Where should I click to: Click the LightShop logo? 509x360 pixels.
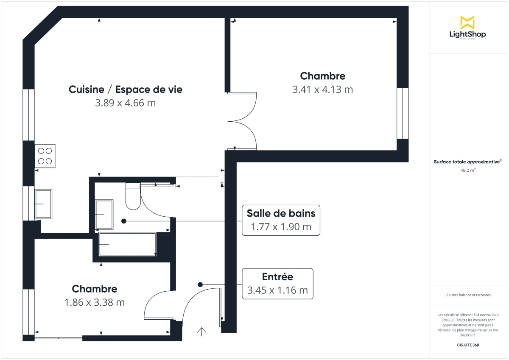(467, 28)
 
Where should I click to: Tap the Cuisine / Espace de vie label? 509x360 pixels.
(126, 89)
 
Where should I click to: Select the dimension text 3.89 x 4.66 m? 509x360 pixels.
(126, 103)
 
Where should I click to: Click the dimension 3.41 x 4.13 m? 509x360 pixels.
(322, 89)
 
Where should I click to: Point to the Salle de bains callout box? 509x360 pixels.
(281, 220)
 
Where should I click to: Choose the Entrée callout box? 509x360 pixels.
(277, 284)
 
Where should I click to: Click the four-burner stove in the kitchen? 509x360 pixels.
(45, 155)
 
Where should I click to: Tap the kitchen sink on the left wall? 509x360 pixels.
(43, 204)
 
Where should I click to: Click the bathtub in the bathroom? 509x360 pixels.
(127, 244)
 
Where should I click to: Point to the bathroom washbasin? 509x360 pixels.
(104, 215)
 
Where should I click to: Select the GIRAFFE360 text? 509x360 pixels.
(467, 345)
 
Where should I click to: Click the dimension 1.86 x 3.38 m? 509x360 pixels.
(95, 302)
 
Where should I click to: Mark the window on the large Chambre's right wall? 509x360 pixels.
(402, 114)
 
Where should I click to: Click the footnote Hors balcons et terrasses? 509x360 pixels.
(467, 295)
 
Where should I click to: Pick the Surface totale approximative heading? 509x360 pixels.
(467, 162)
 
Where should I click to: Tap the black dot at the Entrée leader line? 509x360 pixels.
(200, 285)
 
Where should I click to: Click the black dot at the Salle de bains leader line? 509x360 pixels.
(124, 221)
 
